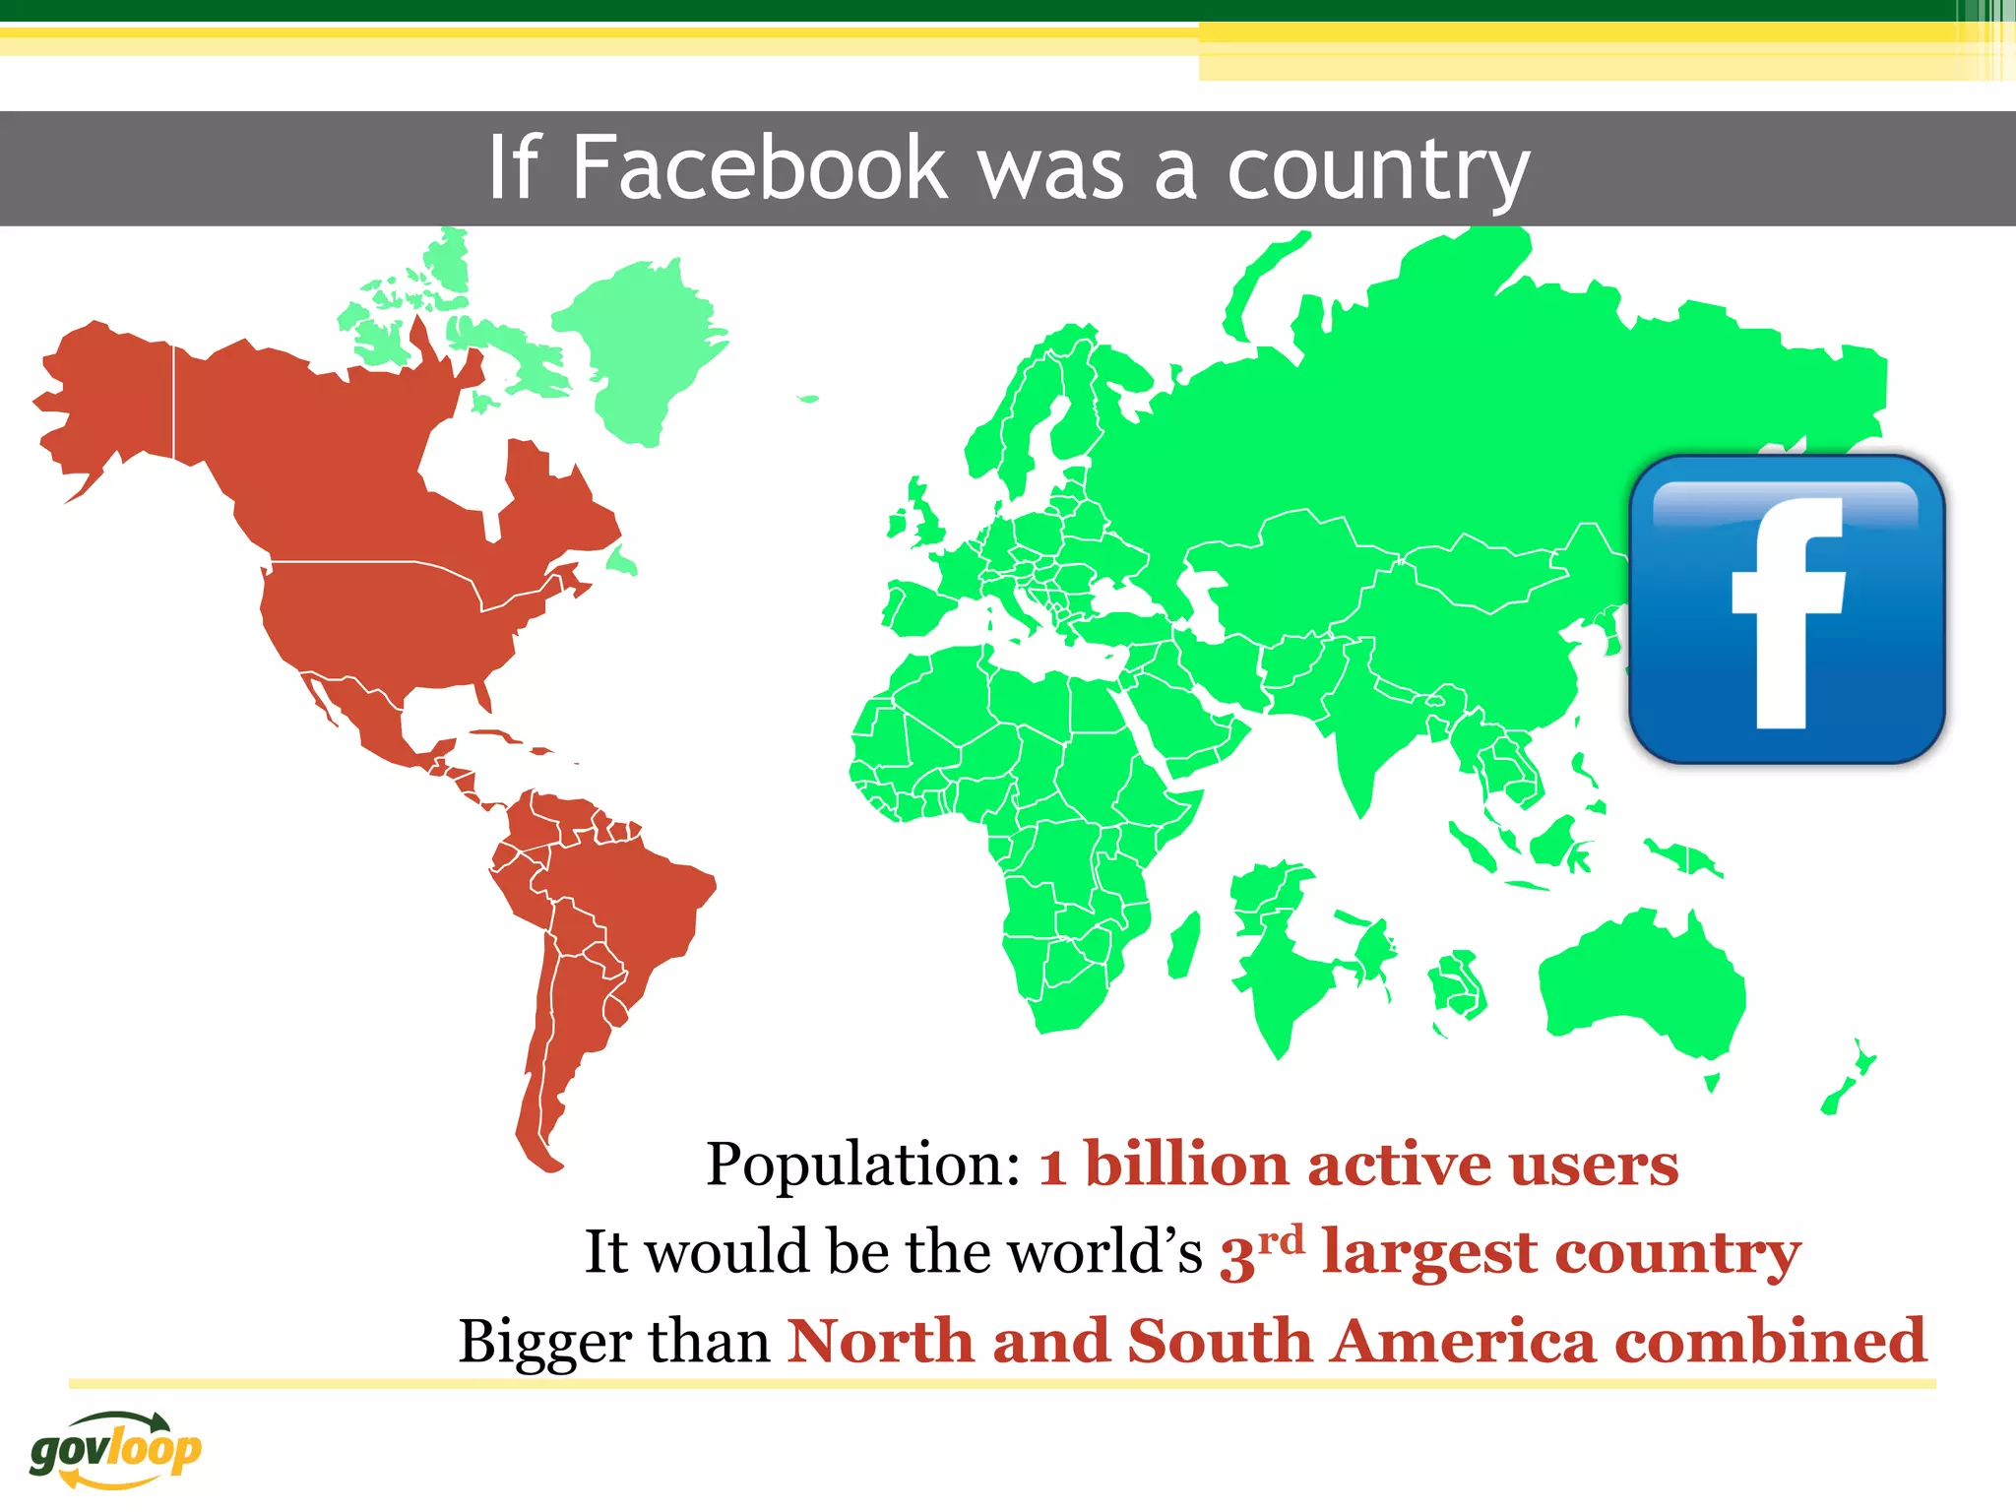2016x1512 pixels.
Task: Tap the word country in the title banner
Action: pos(1378,169)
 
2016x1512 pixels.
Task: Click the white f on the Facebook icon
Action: pos(1787,610)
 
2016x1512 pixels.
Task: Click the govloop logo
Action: pos(115,1449)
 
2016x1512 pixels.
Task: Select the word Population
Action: pos(864,1165)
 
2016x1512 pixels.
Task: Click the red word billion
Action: pos(1186,1165)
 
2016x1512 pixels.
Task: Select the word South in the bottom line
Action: pos(1220,1341)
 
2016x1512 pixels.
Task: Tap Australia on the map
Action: pos(1644,984)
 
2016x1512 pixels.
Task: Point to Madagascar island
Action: pos(1184,945)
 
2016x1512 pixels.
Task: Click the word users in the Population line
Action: pos(1594,1165)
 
